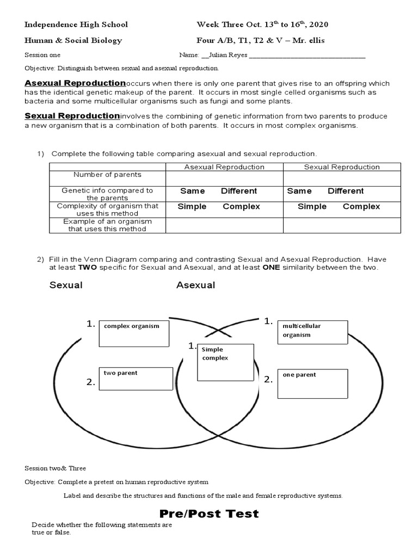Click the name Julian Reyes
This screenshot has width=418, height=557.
tap(229, 55)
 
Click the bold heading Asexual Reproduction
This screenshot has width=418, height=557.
tap(75, 83)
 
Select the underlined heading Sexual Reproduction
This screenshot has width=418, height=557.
tap(72, 116)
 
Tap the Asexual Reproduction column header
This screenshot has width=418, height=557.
tap(224, 167)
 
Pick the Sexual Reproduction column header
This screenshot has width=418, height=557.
tap(342, 167)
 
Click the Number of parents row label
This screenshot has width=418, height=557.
tap(107, 175)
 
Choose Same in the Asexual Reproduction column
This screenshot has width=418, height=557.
tap(193, 191)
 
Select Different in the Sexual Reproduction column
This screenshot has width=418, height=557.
tap(346, 191)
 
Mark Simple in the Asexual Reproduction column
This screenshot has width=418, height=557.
tap(192, 207)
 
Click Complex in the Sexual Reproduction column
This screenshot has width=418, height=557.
tap(361, 207)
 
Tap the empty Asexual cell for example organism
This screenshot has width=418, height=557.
tap(224, 225)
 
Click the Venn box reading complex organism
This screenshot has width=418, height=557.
tap(134, 333)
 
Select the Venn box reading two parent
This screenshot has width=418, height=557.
tap(136, 379)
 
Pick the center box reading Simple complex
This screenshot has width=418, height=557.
tap(225, 362)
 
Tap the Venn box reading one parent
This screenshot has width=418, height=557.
tap(312, 383)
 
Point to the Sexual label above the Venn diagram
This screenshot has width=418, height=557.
tap(66, 285)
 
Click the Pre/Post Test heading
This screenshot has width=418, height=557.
tap(209, 514)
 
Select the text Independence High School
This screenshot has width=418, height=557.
tap(76, 24)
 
